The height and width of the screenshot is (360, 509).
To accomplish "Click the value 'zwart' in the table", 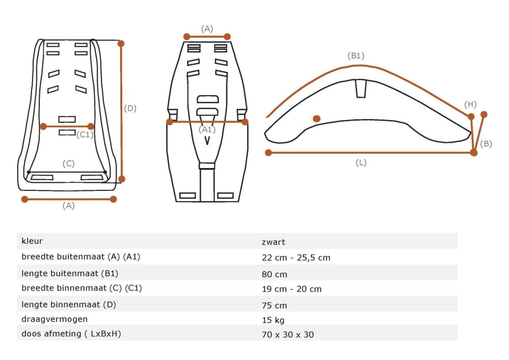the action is [x=273, y=242].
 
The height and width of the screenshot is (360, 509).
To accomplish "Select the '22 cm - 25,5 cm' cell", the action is [x=296, y=258].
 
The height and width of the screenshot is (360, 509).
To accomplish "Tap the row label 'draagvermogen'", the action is [x=54, y=319].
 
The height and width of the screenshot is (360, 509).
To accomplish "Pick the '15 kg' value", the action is [x=273, y=320].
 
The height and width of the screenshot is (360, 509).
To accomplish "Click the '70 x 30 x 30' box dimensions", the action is [x=288, y=335].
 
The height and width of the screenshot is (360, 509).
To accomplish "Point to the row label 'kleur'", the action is [x=32, y=241].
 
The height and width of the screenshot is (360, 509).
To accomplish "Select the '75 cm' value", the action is [x=274, y=306].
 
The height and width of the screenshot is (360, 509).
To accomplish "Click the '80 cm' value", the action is [x=274, y=274].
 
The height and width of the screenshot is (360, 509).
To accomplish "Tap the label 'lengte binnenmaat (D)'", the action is [x=69, y=304].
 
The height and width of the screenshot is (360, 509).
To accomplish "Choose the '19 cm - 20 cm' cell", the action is [x=292, y=289].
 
